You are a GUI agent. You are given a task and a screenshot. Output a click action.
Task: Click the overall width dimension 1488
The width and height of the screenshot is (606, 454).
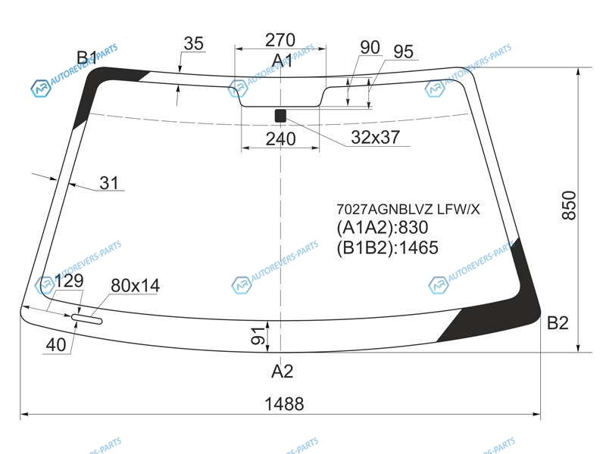tap(284, 404)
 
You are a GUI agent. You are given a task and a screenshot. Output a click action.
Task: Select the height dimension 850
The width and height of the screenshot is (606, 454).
tap(569, 205)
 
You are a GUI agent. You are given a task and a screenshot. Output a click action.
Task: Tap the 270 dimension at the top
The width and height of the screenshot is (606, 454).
tap(280, 40)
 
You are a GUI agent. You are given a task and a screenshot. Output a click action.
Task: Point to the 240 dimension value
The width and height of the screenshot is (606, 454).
tap(280, 139)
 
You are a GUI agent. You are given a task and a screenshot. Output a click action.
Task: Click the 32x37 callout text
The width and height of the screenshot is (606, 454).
tap(375, 137)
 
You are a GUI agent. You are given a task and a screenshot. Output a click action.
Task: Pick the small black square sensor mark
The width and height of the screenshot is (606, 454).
tap(280, 116)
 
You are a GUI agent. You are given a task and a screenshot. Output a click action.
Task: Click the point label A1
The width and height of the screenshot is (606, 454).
tap(282, 61)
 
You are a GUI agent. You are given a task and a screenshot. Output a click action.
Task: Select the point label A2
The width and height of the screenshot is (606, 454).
tap(282, 371)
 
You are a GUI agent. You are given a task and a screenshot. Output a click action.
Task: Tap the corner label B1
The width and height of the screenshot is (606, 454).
tap(86, 58)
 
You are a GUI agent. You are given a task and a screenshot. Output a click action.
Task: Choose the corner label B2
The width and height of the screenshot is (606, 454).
tap(558, 323)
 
